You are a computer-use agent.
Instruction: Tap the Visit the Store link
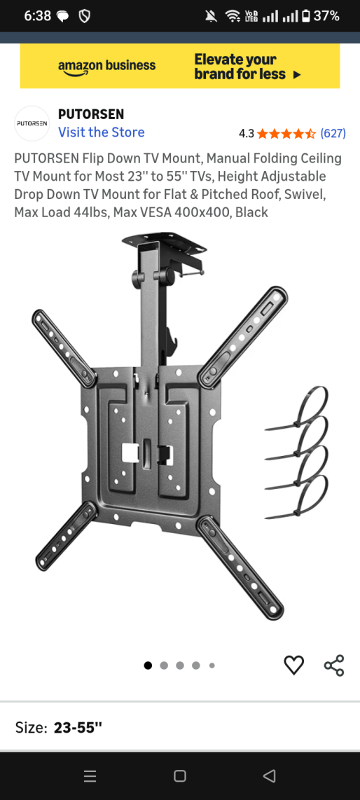[101, 132]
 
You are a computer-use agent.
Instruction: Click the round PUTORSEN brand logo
[32, 123]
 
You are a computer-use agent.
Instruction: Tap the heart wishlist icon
[293, 665]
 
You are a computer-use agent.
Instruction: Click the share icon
[334, 665]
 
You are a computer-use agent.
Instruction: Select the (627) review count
[333, 134]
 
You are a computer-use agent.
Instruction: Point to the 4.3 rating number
[247, 134]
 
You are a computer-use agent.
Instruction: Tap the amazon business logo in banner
[106, 67]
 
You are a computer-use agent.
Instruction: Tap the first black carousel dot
[148, 665]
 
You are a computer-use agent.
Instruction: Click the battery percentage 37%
[326, 16]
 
